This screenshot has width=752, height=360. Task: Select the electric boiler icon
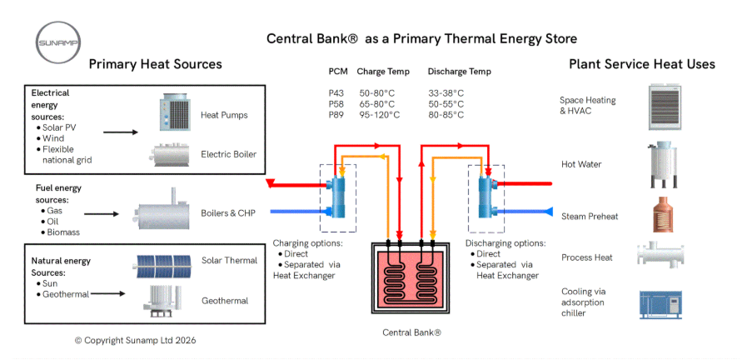[172, 154]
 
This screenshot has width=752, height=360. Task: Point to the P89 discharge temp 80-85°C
[446, 115]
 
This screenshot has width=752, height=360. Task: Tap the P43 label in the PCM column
[336, 92]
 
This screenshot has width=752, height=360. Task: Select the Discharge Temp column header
[459, 72]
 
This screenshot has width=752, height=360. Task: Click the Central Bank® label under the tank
[411, 332]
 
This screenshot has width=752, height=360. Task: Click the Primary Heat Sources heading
[156, 64]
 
